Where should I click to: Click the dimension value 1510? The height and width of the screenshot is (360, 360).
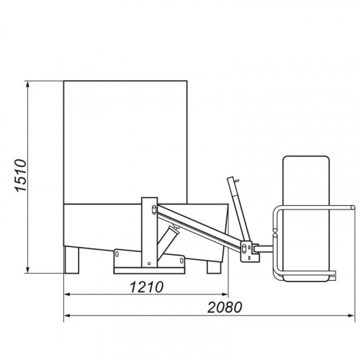point(21,175)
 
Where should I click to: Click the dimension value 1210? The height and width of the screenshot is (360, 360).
point(147,287)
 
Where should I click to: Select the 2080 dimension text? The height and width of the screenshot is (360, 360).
point(225,307)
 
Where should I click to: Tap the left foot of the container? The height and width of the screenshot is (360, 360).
point(72,260)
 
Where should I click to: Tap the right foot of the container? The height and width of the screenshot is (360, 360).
point(214,267)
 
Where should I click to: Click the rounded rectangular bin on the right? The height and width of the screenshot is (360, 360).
point(306,218)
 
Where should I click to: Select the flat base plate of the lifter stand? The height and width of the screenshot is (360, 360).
point(149,271)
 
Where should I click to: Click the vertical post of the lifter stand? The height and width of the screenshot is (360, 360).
point(149,233)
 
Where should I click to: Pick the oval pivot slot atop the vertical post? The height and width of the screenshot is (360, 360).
point(154,210)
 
